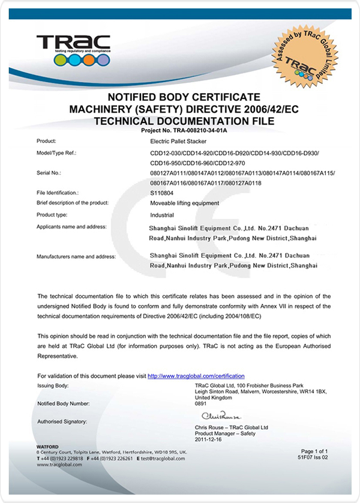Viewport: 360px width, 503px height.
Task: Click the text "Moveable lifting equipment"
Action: pyautogui.click(x=184, y=203)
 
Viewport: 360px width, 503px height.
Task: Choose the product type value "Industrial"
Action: pyautogui.click(x=162, y=214)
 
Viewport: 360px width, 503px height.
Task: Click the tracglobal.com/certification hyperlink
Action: pyautogui.click(x=196, y=376)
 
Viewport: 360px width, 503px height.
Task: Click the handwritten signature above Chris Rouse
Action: pyautogui.click(x=221, y=415)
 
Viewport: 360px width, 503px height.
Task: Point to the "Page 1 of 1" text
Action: pyautogui.click(x=314, y=451)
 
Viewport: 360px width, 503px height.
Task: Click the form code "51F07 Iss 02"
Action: pyautogui.click(x=313, y=457)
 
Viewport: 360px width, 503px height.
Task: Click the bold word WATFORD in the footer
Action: pyautogui.click(x=47, y=447)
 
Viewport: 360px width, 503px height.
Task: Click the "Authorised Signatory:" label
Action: pyautogui.click(x=62, y=422)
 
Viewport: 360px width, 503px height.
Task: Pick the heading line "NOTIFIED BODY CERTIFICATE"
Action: pyautogui.click(x=183, y=97)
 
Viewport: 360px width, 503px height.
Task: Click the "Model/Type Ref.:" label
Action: pyautogui.click(x=57, y=153)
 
